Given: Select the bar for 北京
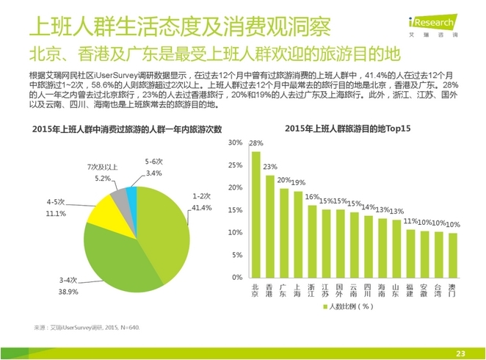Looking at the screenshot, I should point(256,213).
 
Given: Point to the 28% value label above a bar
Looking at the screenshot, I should point(256,143).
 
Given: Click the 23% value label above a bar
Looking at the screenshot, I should point(270,166).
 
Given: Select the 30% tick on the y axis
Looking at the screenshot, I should point(235,142).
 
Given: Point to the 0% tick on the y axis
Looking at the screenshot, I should point(237,277).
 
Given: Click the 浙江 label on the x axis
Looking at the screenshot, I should point(312,290).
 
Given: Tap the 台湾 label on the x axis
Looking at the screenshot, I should point(438,290).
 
